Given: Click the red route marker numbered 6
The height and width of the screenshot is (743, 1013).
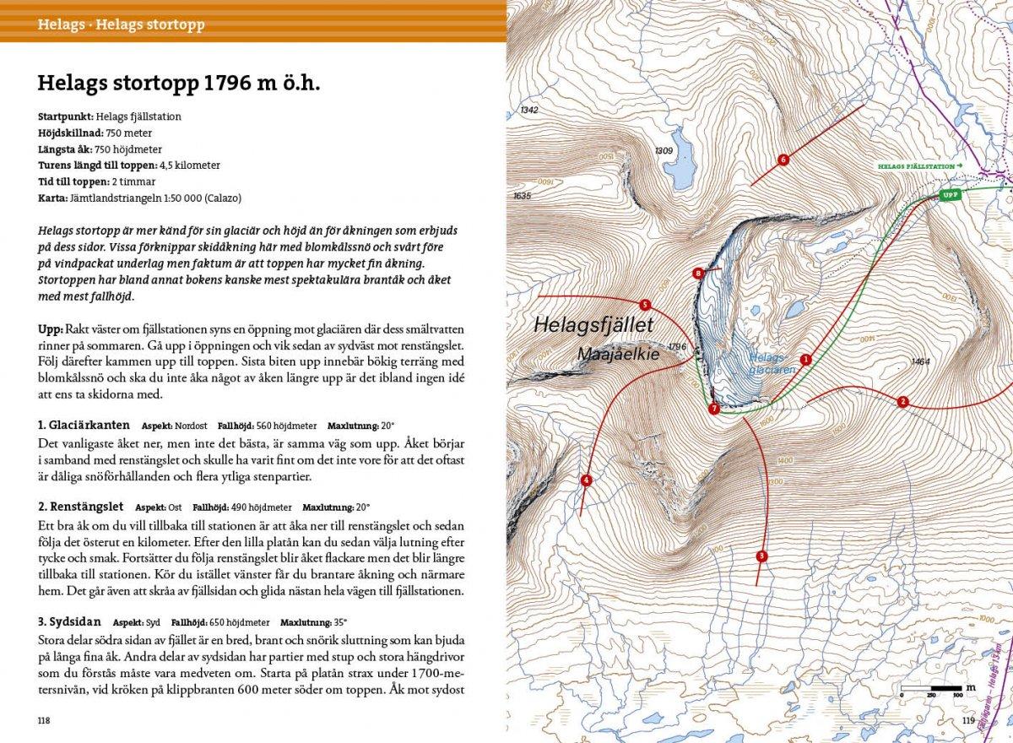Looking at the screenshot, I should (783, 160).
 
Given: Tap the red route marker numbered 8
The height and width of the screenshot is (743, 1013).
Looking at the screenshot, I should (698, 273).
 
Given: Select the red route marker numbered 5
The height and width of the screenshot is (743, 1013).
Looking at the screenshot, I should (645, 305).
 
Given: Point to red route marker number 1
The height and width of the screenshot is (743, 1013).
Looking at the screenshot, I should (805, 359).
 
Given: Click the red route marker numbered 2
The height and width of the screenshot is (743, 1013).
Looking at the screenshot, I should (902, 401).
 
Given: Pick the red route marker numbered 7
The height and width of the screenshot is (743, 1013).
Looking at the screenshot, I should (714, 409).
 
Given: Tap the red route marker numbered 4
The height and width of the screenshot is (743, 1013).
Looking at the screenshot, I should (586, 480).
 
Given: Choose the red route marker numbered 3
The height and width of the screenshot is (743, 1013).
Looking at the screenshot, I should (761, 556).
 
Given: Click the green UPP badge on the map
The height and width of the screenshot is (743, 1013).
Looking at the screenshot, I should (950, 195).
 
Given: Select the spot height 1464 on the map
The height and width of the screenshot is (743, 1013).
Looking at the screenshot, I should (920, 361).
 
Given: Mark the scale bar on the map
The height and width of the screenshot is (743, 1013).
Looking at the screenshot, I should (933, 690).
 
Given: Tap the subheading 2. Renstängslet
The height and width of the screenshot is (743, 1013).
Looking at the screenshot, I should (81, 507).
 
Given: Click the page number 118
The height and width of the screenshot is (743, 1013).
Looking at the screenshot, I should (45, 720).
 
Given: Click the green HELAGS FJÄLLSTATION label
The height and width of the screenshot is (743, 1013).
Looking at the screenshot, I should (916, 167).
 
